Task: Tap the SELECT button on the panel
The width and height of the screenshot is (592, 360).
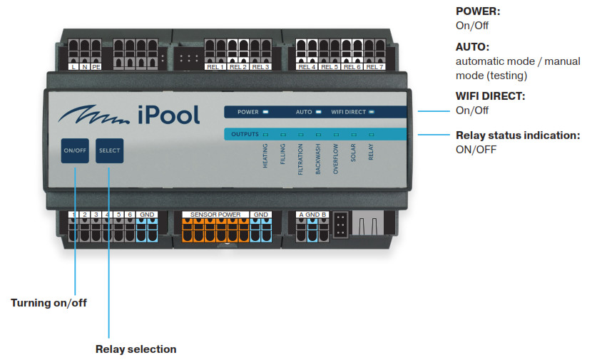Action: point(110,150)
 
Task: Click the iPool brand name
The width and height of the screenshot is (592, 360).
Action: point(169,115)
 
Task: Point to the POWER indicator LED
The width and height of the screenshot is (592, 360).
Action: point(265,112)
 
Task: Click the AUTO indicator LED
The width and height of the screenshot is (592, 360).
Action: point(318,112)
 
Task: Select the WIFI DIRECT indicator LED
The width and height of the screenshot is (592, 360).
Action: point(372,112)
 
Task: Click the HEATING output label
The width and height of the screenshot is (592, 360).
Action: point(265,156)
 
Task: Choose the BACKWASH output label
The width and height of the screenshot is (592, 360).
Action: point(318,159)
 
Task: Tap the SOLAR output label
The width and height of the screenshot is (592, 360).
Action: point(353,153)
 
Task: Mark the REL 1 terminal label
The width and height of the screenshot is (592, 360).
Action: point(215,67)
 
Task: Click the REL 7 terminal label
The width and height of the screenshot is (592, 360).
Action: point(374,67)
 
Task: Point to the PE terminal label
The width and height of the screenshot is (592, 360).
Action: point(96,67)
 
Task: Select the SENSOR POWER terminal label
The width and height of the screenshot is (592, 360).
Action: point(215,215)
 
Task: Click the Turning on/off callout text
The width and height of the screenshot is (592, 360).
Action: point(49,303)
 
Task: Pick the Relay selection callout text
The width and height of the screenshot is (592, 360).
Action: point(136,349)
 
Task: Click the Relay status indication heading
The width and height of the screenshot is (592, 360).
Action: point(518,135)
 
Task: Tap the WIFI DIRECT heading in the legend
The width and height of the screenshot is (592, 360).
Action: point(491,96)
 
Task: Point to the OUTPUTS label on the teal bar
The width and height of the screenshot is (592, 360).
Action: point(245,134)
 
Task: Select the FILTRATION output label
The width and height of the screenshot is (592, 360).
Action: point(300,159)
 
